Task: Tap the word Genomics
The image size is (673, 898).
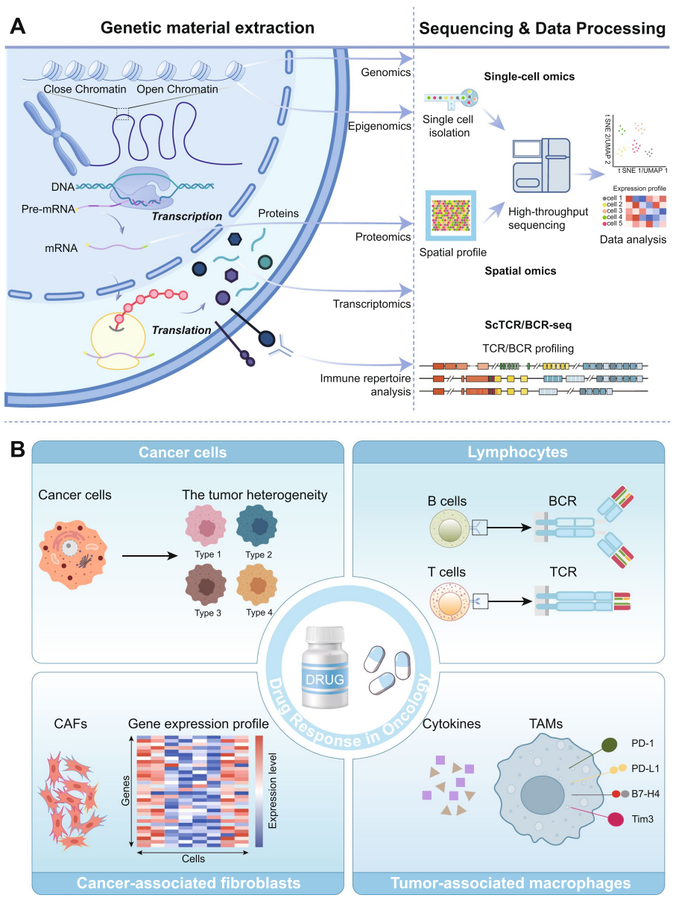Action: click(x=386, y=72)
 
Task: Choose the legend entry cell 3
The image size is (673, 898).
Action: click(x=615, y=211)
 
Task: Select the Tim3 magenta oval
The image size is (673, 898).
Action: click(x=618, y=818)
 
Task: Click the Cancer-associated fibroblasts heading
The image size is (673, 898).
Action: click(x=190, y=883)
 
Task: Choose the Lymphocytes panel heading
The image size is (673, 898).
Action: click(x=508, y=452)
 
